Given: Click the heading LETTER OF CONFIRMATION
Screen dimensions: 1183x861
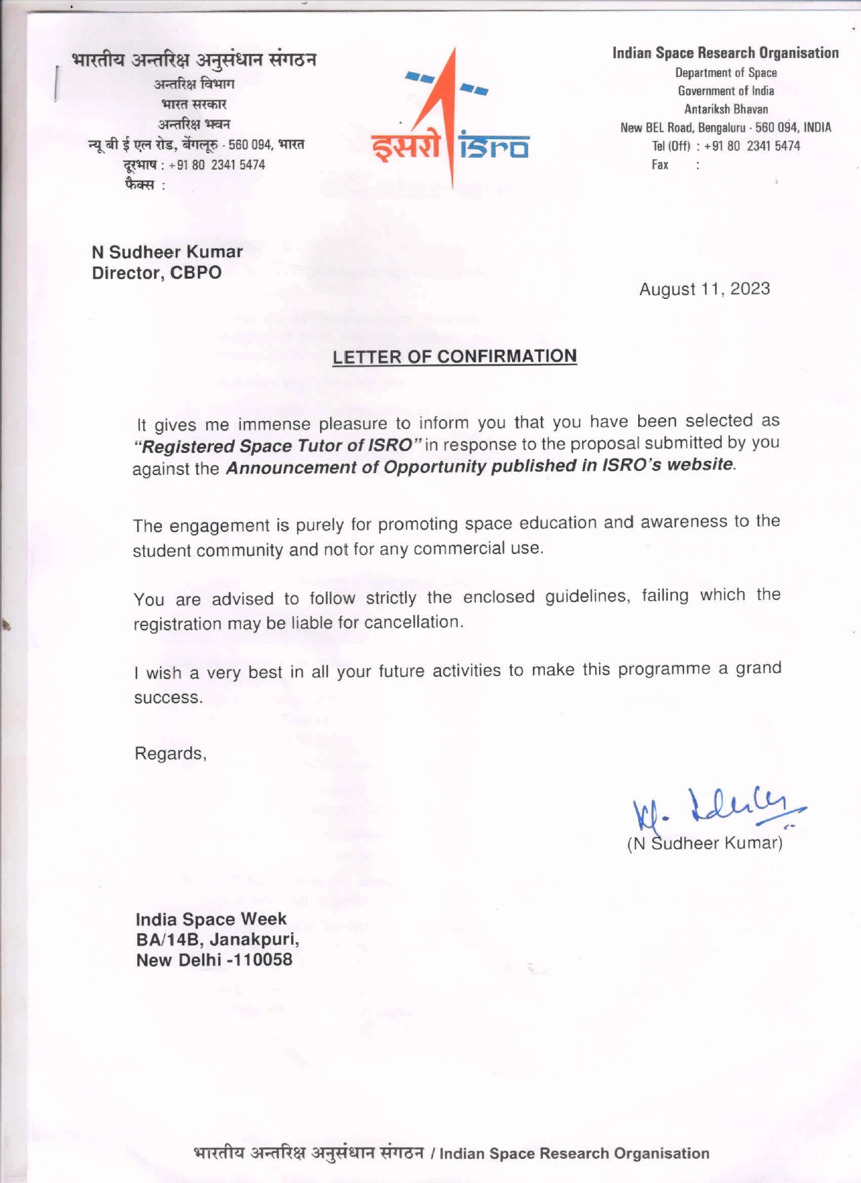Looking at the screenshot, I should coord(454,356).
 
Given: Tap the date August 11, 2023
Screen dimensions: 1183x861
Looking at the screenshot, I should coord(704,289).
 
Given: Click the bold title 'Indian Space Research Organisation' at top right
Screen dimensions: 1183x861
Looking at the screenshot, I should coord(725,53).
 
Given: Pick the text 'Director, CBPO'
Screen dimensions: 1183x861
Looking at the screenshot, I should coord(157,273).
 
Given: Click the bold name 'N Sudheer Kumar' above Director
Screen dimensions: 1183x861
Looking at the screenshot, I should coord(167,252).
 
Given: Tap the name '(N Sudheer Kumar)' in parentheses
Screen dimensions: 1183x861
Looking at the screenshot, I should coord(705,844).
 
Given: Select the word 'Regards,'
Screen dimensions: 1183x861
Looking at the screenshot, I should coord(171,753).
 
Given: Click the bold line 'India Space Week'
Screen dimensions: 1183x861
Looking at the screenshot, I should coord(211,919).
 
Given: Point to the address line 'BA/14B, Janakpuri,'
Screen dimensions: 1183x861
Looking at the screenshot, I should coord(217,939).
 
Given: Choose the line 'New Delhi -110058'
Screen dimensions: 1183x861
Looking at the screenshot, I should coord(214,960).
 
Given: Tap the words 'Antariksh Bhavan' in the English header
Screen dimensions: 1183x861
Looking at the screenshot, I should coord(726,109).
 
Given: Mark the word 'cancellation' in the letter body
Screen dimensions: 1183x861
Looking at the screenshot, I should coord(413,622).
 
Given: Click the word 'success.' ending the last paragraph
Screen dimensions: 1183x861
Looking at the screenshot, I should coord(168,697).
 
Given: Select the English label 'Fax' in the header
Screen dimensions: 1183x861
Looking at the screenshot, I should coord(660,165).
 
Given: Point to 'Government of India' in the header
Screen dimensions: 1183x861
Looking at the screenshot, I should coord(726,91).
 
